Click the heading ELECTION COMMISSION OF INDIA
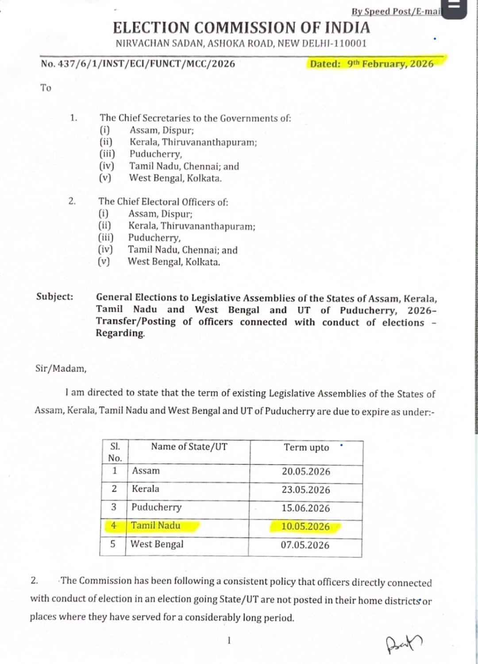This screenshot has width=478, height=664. tap(241, 28)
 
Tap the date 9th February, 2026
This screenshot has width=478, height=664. tap(390, 64)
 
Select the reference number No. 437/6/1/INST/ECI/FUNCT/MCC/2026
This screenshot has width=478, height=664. tap(138, 64)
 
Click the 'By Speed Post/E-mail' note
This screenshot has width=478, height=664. tap(396, 12)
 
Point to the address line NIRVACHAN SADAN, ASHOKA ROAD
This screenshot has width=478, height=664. tap(241, 43)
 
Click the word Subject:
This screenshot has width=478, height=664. tap(54, 297)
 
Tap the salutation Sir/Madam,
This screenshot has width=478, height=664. tap(61, 368)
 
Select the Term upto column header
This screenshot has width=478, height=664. tap(306, 448)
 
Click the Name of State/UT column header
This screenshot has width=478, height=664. tap(189, 447)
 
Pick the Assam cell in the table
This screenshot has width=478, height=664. tap(146, 471)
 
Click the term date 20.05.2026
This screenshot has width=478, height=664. tap(306, 471)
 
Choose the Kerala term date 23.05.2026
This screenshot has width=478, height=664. tap(306, 490)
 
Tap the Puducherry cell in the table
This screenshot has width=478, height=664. tap(156, 507)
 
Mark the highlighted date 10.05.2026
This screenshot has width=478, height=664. tap(305, 527)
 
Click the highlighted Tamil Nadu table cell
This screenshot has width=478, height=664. tap(156, 526)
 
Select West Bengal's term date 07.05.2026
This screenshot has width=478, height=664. tap(305, 545)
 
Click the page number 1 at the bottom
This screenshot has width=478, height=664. tap(229, 640)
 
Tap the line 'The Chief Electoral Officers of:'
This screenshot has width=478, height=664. tap(163, 202)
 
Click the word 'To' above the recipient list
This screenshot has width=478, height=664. tap(46, 88)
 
